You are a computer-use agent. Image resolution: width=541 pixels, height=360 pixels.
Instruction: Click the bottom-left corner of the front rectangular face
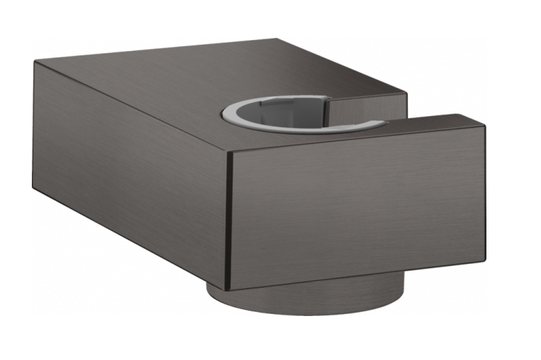pos(227,287)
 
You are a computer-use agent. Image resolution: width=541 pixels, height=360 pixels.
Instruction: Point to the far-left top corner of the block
pos(35,62)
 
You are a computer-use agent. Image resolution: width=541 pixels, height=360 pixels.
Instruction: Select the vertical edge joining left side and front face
pos(228,220)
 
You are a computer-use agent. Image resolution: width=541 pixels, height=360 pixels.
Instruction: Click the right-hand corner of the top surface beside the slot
pos(407,96)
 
